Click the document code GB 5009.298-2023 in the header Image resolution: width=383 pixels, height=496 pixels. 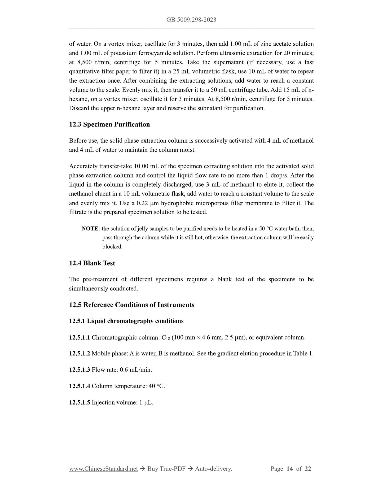[x=191, y=20]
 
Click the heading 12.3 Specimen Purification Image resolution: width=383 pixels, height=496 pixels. [x=109, y=124]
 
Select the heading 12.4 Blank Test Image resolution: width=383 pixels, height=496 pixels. [x=92, y=263]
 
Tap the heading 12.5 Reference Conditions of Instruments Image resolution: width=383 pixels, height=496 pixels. [x=131, y=305]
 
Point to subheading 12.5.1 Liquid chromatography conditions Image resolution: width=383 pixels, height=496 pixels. [x=126, y=321]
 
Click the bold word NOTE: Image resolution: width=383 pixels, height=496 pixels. [x=91, y=229]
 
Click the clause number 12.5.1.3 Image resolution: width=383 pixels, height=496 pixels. [x=80, y=370]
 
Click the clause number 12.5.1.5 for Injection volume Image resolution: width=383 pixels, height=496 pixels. [x=80, y=403]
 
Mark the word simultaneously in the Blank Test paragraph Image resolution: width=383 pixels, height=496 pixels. [x=91, y=289]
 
